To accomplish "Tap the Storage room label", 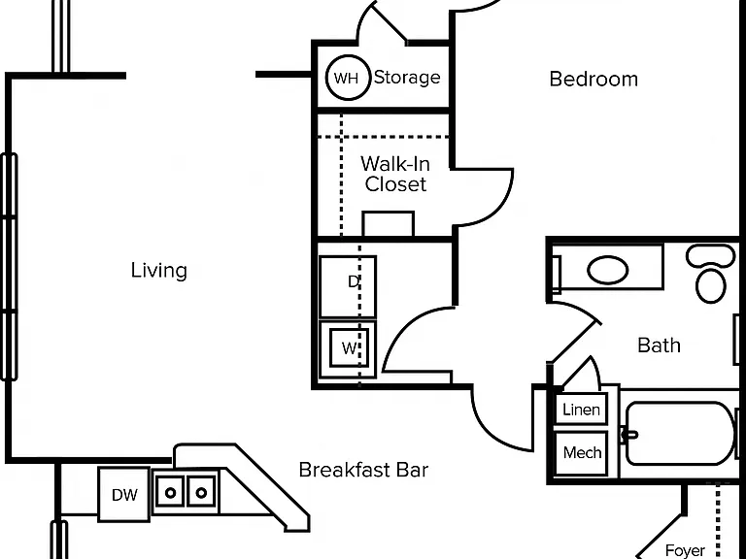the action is click(x=407, y=78).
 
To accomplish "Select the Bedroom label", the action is click(x=593, y=79).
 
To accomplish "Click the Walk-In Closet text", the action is click(x=395, y=174).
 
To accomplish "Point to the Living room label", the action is click(x=159, y=270).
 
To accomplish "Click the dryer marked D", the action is click(x=348, y=286).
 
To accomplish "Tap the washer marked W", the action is click(x=348, y=349).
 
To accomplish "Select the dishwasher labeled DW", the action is click(x=123, y=494).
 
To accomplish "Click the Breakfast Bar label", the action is click(x=363, y=470).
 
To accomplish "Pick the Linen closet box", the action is click(x=582, y=409).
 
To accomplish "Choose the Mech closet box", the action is click(x=582, y=452).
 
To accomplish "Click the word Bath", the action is click(x=659, y=345).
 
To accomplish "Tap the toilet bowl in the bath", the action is click(x=710, y=285).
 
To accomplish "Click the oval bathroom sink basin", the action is click(x=607, y=270).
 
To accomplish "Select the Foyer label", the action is click(x=685, y=550).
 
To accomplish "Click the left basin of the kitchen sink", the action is click(x=170, y=492).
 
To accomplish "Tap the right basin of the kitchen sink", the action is click(x=201, y=492).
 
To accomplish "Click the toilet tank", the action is click(x=711, y=256).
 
